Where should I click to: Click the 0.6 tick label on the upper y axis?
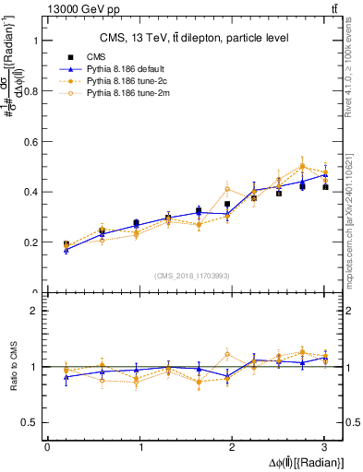click(x=30, y=142)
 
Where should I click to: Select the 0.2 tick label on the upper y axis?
click(x=30, y=242)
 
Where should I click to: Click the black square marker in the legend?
click(x=78, y=56)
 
